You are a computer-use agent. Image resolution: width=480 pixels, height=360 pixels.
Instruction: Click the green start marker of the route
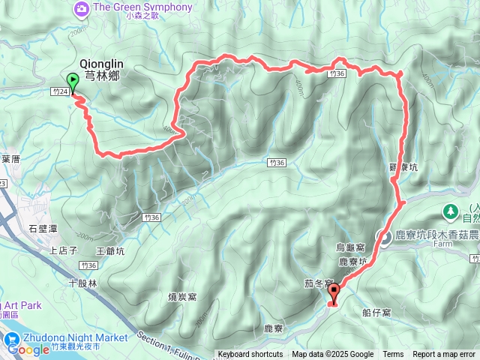pos(73,82)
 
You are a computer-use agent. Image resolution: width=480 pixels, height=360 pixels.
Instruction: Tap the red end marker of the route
pos(333,294)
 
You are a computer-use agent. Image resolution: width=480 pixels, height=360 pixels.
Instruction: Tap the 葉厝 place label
pos(10,159)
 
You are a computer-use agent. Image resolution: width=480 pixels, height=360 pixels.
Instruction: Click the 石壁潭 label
pos(43,229)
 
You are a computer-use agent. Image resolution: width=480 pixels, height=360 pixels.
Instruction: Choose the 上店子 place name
pos(64,251)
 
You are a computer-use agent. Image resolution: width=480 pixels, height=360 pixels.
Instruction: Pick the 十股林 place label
pos(82,283)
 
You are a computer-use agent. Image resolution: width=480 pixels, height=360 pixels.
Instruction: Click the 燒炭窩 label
pos(182,297)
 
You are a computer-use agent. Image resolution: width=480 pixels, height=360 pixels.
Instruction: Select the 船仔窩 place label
pos(376,311)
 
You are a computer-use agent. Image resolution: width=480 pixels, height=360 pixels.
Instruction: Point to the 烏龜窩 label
pos(351,247)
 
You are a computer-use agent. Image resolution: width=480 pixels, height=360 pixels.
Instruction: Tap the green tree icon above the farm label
pos(451,211)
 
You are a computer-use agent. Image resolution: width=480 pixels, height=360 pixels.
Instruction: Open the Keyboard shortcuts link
pos(250,355)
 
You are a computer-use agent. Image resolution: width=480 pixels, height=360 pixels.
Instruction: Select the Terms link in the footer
pos(393,355)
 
